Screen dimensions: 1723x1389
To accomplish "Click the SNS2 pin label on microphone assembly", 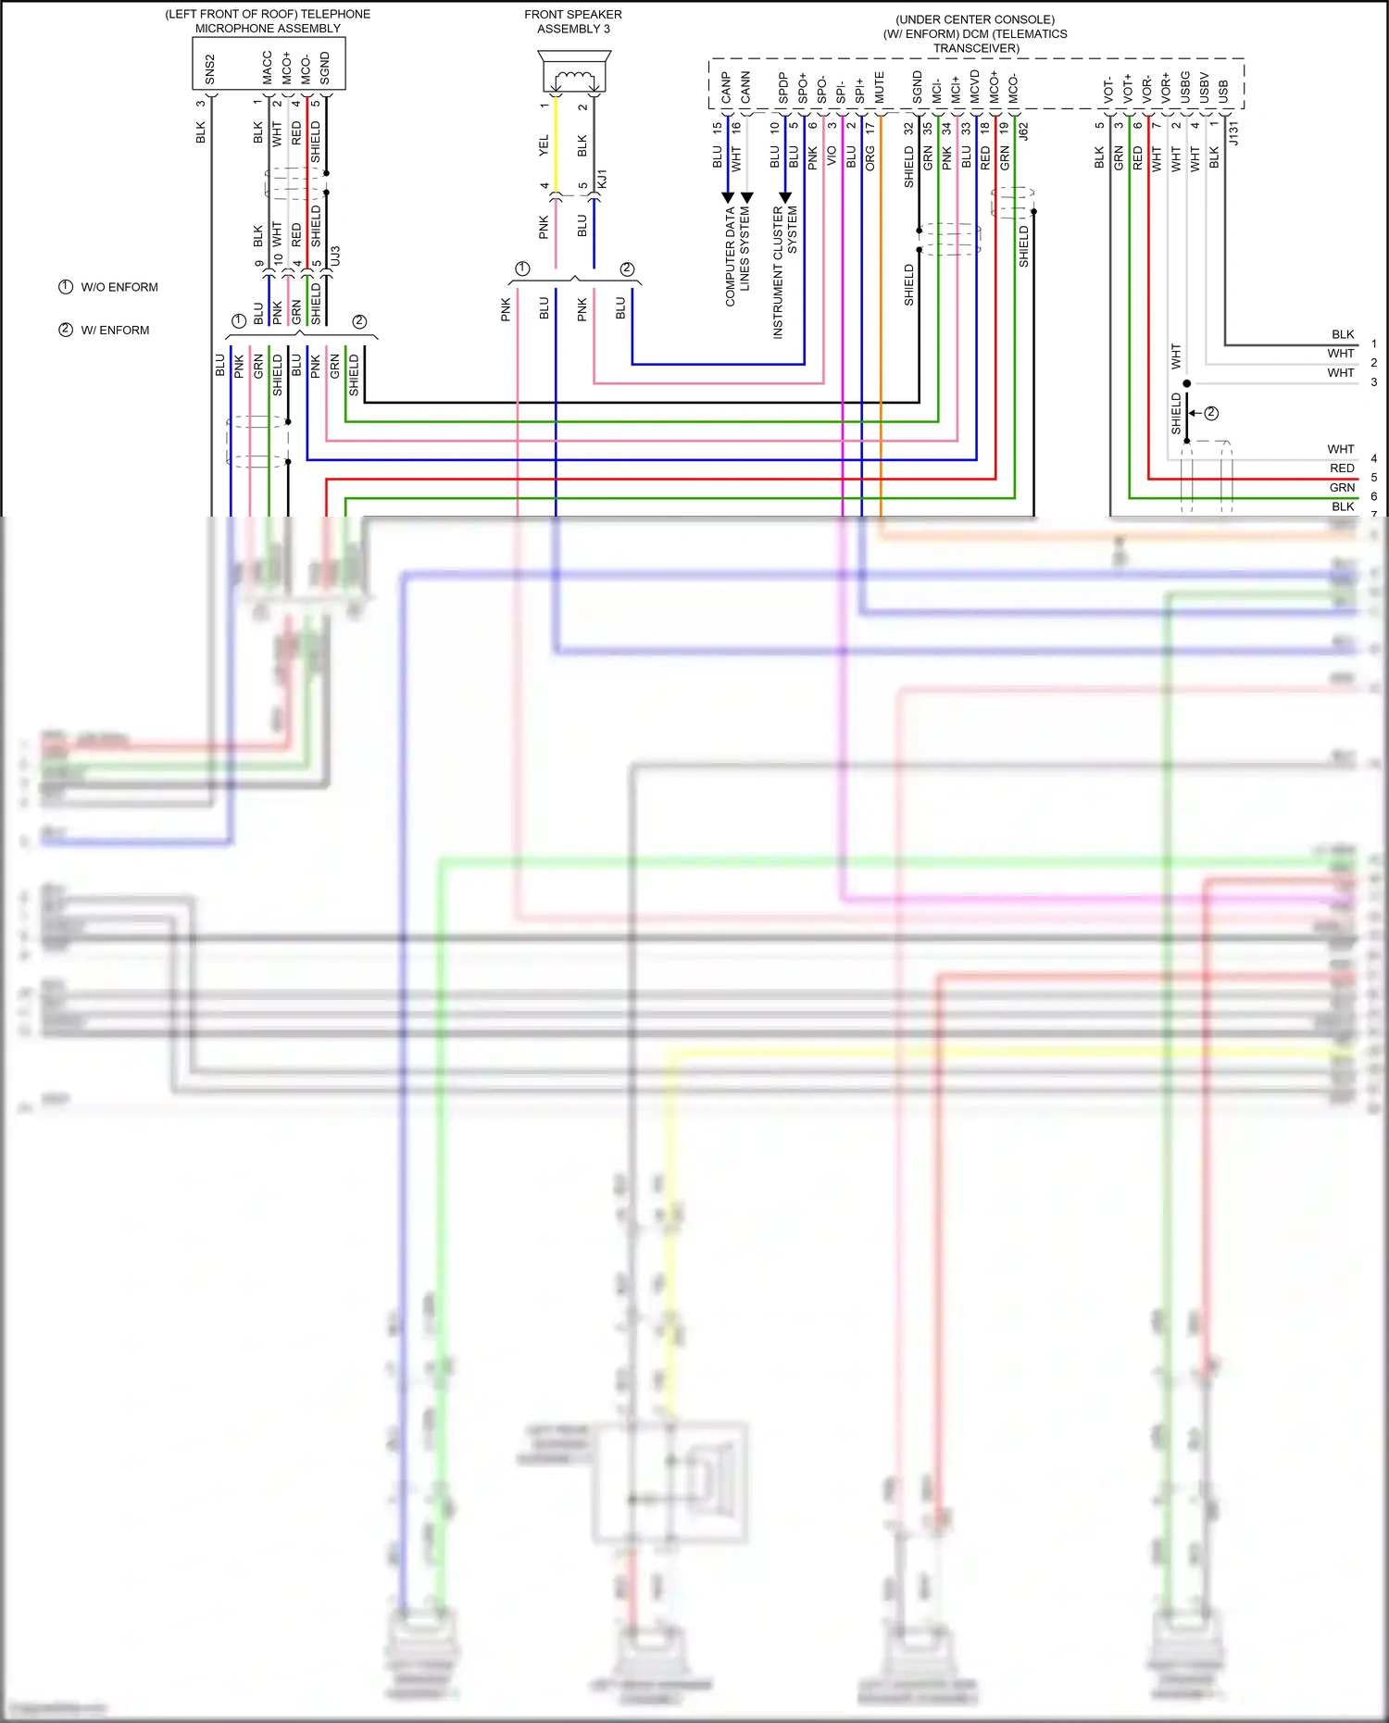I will pos(210,69).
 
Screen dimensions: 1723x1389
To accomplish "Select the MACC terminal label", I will pos(268,68).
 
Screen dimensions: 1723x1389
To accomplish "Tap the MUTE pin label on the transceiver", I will pos(880,87).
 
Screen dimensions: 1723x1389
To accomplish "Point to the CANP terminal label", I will pos(727,88).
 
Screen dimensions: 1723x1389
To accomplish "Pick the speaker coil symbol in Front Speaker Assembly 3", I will pos(574,79).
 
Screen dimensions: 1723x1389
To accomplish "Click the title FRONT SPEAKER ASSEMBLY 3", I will pos(573,21).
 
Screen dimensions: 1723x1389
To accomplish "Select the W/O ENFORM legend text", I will pos(119,287).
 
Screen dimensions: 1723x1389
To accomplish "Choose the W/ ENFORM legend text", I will pos(115,331).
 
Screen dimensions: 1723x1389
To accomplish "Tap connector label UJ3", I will pos(335,256).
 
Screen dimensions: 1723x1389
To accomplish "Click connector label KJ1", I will pos(602,180).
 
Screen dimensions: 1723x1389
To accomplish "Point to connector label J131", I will pos(1233,133).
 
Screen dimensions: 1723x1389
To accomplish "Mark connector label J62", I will pos(1023,131).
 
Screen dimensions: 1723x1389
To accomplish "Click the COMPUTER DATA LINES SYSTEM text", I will pos(737,256).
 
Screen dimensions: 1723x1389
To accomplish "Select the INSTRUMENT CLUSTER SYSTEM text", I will pos(784,271).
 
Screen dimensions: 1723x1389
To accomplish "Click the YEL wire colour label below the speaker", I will pos(544,144).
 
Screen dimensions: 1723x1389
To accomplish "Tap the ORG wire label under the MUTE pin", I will pos(870,158).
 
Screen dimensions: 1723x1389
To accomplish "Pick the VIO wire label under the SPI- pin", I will pos(832,156).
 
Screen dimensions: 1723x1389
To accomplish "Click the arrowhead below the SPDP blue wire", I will pos(785,197).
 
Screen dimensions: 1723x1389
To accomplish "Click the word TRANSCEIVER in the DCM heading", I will pos(976,48).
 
